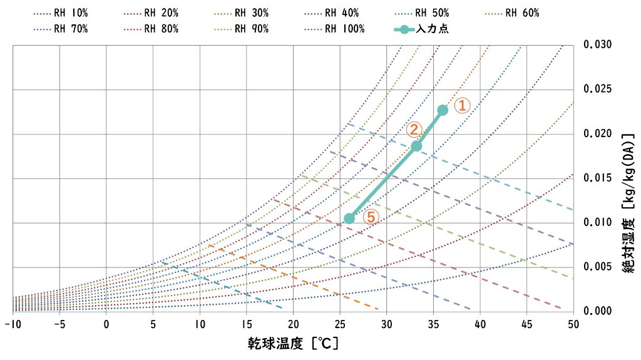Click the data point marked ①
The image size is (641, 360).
coord(443,110)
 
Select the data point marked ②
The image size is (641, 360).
coord(416,146)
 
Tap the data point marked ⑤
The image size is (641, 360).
coord(349,218)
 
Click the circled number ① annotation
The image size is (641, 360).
coord(461,105)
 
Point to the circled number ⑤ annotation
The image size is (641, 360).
coord(371,217)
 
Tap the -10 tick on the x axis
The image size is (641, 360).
coord(12,324)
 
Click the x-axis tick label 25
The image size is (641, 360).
coord(340,324)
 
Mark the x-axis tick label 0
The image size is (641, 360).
coord(106,324)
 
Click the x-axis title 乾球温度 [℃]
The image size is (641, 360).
coord(293,344)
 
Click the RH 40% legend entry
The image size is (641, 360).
coord(341,13)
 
